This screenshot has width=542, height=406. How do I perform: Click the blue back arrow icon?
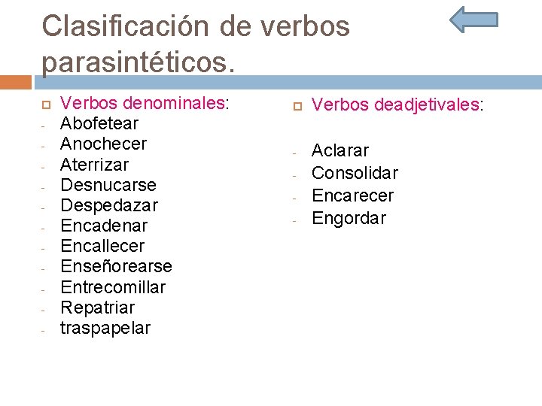[x=473, y=20]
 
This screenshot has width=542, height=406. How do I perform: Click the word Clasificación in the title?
[x=125, y=26]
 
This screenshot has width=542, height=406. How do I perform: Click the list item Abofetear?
[x=99, y=123]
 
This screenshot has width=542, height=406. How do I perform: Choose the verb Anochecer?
[x=103, y=144]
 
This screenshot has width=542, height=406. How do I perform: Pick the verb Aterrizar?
[x=94, y=164]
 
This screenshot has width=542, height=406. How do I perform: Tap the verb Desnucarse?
[x=108, y=185]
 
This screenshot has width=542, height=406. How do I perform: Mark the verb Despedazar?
[x=109, y=205]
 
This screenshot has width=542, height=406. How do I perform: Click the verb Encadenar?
[x=104, y=226]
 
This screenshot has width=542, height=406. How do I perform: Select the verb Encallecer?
[x=102, y=246]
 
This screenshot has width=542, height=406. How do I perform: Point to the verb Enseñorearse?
[x=116, y=267]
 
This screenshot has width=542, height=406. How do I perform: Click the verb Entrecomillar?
[x=113, y=287]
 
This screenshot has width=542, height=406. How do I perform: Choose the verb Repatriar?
[x=97, y=308]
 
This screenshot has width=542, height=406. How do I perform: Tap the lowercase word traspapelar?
[x=105, y=329]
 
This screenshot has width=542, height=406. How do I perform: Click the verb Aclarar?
[x=340, y=151]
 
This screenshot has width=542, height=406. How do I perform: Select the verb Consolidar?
[x=355, y=174]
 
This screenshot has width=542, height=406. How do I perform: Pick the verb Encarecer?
[x=352, y=196]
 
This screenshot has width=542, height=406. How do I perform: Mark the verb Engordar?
[x=349, y=219]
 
